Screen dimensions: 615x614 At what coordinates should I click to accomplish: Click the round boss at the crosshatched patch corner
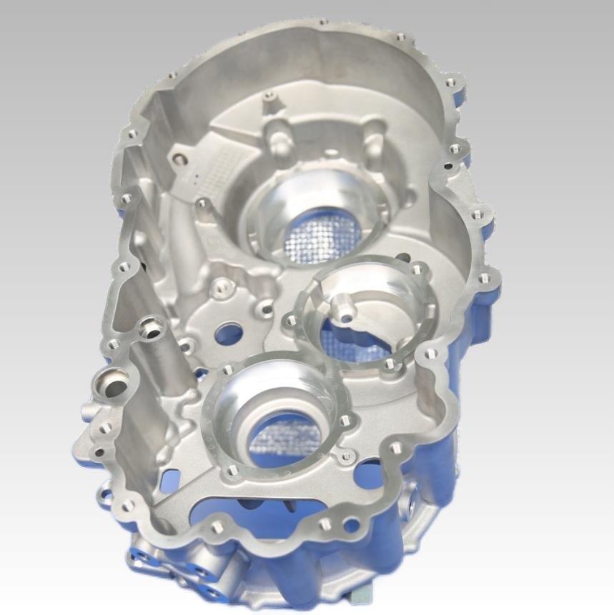(x=179, y=159)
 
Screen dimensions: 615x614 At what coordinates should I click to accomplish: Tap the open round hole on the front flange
(x=351, y=525)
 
